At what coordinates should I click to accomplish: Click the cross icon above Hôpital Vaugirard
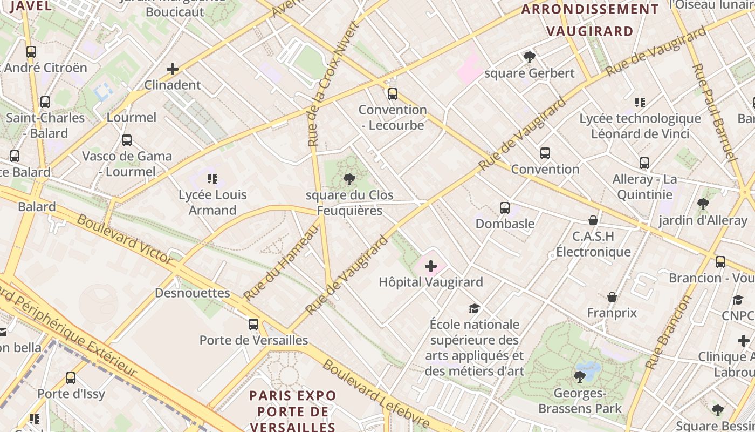tap(431, 266)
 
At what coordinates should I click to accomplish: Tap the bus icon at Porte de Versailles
tap(253, 324)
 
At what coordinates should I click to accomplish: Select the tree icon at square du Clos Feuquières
tap(349, 179)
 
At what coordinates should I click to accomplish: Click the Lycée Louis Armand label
tap(212, 202)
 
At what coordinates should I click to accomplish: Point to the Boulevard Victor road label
tap(125, 239)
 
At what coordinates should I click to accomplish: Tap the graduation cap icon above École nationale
tap(474, 308)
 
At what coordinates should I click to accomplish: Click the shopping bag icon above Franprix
tap(612, 297)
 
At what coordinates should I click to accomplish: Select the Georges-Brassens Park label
tap(580, 401)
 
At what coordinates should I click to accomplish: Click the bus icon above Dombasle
tap(505, 207)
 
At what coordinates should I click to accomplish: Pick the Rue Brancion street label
tap(668, 332)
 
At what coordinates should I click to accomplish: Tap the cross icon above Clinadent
tap(173, 69)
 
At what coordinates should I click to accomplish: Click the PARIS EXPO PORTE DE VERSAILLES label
tap(293, 411)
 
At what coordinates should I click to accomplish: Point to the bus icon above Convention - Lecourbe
tap(393, 94)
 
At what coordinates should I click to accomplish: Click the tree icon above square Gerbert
tap(529, 57)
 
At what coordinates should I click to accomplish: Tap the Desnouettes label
tap(192, 293)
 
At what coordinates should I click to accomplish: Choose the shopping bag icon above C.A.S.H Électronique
tap(593, 220)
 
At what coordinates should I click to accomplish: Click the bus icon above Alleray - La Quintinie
tap(644, 163)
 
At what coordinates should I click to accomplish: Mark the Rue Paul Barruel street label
tap(713, 112)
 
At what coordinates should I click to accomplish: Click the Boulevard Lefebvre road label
tap(376, 394)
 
